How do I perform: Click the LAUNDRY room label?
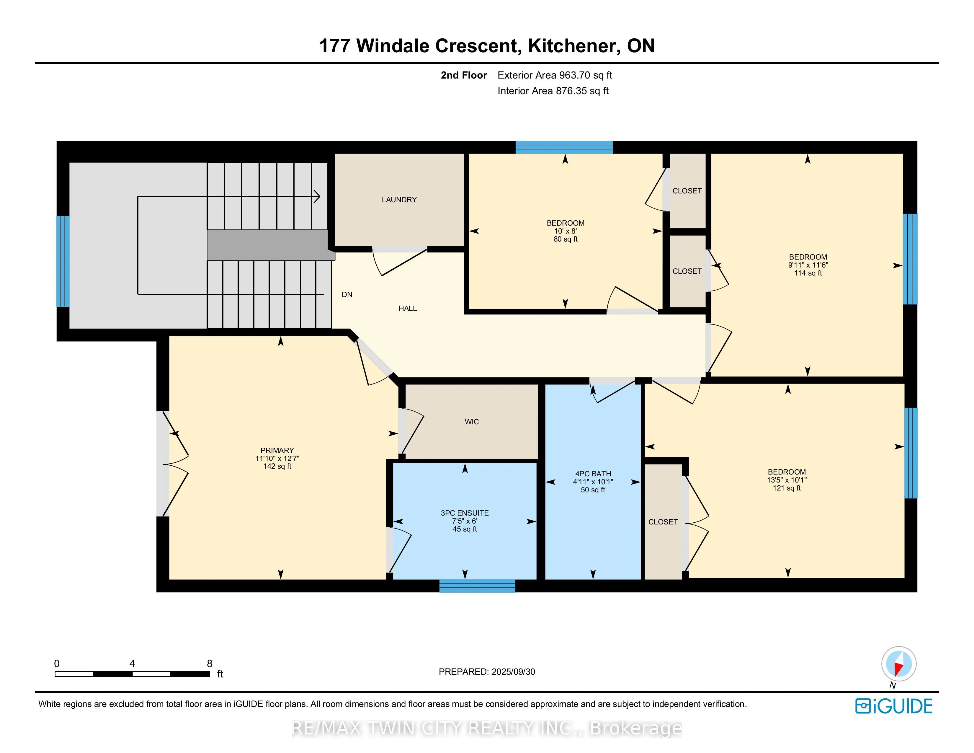click(399, 200)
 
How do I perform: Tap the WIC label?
click(472, 422)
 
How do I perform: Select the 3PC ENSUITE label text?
click(465, 513)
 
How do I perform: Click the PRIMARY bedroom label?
click(277, 451)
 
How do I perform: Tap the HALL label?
click(408, 308)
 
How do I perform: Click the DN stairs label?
click(347, 294)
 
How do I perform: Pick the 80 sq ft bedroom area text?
click(566, 239)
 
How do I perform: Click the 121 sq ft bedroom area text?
click(787, 488)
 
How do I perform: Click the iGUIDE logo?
click(894, 706)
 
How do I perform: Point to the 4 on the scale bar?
click(132, 663)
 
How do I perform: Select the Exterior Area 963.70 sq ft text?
click(555, 75)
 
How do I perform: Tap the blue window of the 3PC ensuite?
click(477, 586)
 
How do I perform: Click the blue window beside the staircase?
click(63, 261)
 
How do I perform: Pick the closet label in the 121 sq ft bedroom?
click(663, 522)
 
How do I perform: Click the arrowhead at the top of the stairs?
click(317, 196)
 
